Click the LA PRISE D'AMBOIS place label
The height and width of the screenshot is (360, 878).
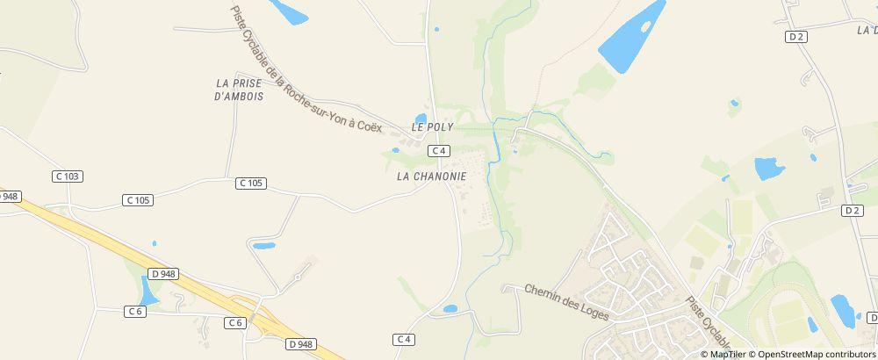point(239,90)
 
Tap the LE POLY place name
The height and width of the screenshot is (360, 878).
point(432,127)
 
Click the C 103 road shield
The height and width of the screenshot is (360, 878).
point(68,176)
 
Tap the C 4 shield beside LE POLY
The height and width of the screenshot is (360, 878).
point(440,152)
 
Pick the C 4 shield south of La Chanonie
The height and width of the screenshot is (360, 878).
point(404,339)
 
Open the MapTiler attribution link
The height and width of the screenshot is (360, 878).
point(727,354)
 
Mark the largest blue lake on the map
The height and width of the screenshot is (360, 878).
point(630,38)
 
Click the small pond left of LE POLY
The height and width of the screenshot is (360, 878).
point(421,119)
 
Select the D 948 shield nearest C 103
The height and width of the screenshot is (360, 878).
point(8,197)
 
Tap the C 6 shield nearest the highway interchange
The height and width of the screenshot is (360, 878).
point(234,323)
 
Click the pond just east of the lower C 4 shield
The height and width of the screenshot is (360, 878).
point(450,309)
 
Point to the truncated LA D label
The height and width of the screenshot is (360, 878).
point(867,30)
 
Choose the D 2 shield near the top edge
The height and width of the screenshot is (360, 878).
point(796,37)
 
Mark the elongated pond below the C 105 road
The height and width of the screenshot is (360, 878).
point(263,246)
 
